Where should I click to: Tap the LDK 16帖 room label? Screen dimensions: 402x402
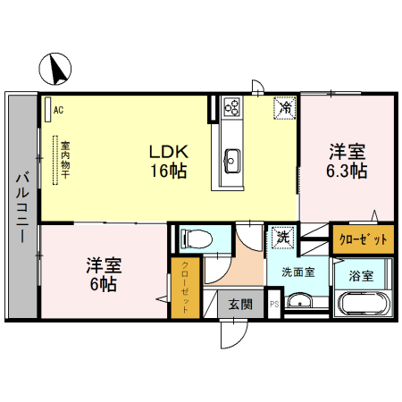(167, 161)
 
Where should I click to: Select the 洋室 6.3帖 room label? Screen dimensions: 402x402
(347, 160)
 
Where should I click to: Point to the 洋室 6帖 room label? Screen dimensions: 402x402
(104, 274)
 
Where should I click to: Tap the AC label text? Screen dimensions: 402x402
(58, 110)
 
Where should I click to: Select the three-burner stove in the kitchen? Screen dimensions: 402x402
(231, 108)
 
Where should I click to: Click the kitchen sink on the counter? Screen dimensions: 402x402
(230, 161)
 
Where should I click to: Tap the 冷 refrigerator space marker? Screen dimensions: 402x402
(285, 108)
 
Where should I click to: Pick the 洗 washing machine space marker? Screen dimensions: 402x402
(281, 238)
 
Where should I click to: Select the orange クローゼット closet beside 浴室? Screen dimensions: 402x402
(363, 239)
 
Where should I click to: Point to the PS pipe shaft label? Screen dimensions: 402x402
(274, 305)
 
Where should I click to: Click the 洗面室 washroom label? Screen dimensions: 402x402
(297, 272)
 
